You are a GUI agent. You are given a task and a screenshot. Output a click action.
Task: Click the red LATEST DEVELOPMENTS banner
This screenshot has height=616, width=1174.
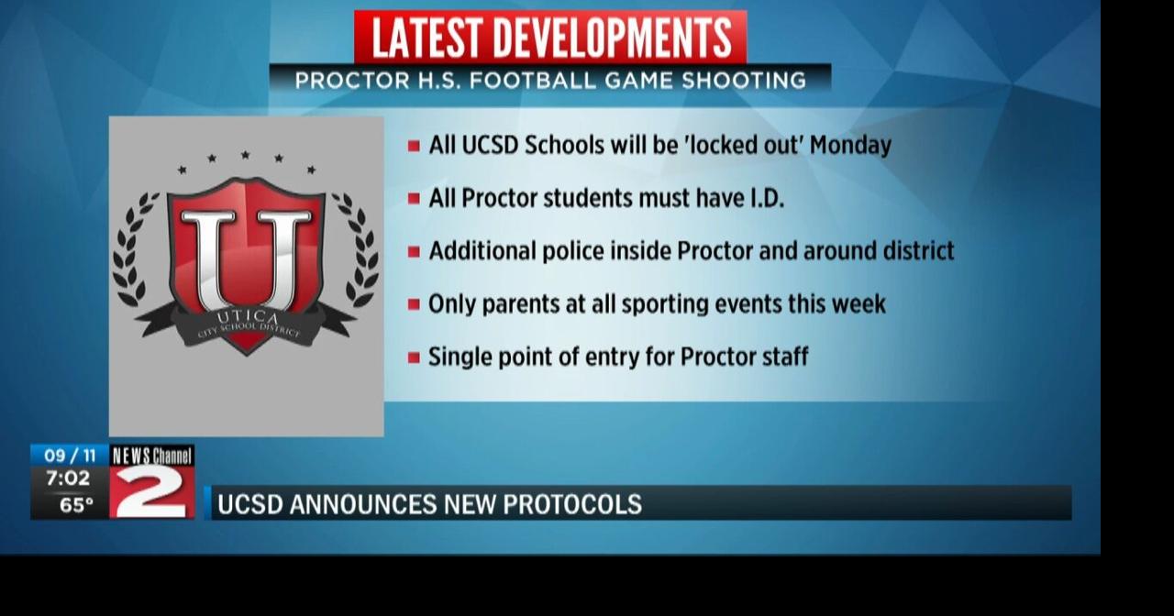pos(550,38)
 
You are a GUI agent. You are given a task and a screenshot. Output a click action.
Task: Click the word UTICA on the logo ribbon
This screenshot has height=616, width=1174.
pos(245,317)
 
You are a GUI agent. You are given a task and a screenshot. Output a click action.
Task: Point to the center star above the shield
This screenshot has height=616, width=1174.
pos(245,156)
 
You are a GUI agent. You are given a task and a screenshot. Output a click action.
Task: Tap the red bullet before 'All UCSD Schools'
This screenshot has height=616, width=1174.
pos(414,146)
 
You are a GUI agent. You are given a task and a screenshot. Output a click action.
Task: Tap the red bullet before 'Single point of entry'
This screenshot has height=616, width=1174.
pos(414,357)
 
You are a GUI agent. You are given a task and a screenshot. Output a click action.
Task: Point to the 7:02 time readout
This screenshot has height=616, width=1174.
pos(69,478)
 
